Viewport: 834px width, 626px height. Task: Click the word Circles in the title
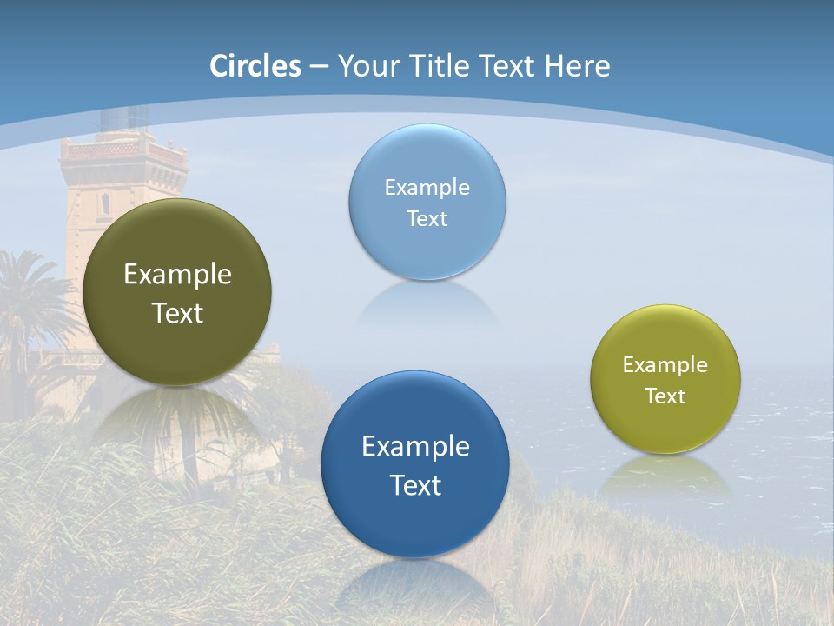click(255, 66)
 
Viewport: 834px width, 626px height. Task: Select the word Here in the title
click(577, 66)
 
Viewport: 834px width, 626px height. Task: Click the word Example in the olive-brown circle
click(177, 275)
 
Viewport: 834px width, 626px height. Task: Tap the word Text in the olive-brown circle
click(177, 313)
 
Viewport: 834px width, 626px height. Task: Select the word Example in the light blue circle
click(427, 188)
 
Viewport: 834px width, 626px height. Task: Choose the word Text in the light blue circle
click(427, 218)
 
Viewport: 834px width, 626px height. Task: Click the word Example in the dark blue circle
click(415, 447)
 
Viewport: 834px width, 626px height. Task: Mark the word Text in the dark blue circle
click(415, 485)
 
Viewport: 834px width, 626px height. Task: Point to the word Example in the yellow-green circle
click(665, 365)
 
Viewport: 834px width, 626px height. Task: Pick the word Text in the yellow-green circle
click(665, 396)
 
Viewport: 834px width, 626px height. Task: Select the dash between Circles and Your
click(318, 67)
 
